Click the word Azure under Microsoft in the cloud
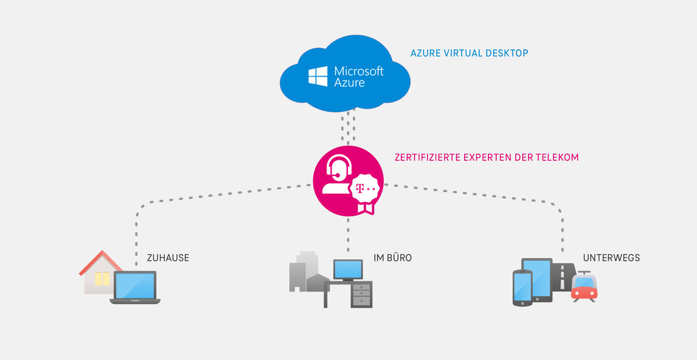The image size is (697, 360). tap(350, 82)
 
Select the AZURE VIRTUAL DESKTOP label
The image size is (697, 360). tap(469, 53)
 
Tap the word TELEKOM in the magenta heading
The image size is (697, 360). tap(560, 157)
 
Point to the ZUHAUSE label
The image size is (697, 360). tap(168, 257)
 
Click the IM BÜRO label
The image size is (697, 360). tap(393, 257)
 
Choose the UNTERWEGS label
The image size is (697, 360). tap(612, 257)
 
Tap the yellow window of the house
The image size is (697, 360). tap(102, 279)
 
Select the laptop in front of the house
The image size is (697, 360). tap(135, 287)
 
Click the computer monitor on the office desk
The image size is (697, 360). tap(348, 269)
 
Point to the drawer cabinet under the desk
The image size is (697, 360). tap(361, 294)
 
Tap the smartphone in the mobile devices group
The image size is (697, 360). tap(522, 287)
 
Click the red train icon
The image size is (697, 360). tap(584, 287)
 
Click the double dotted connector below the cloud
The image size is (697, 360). tap(348, 128)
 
